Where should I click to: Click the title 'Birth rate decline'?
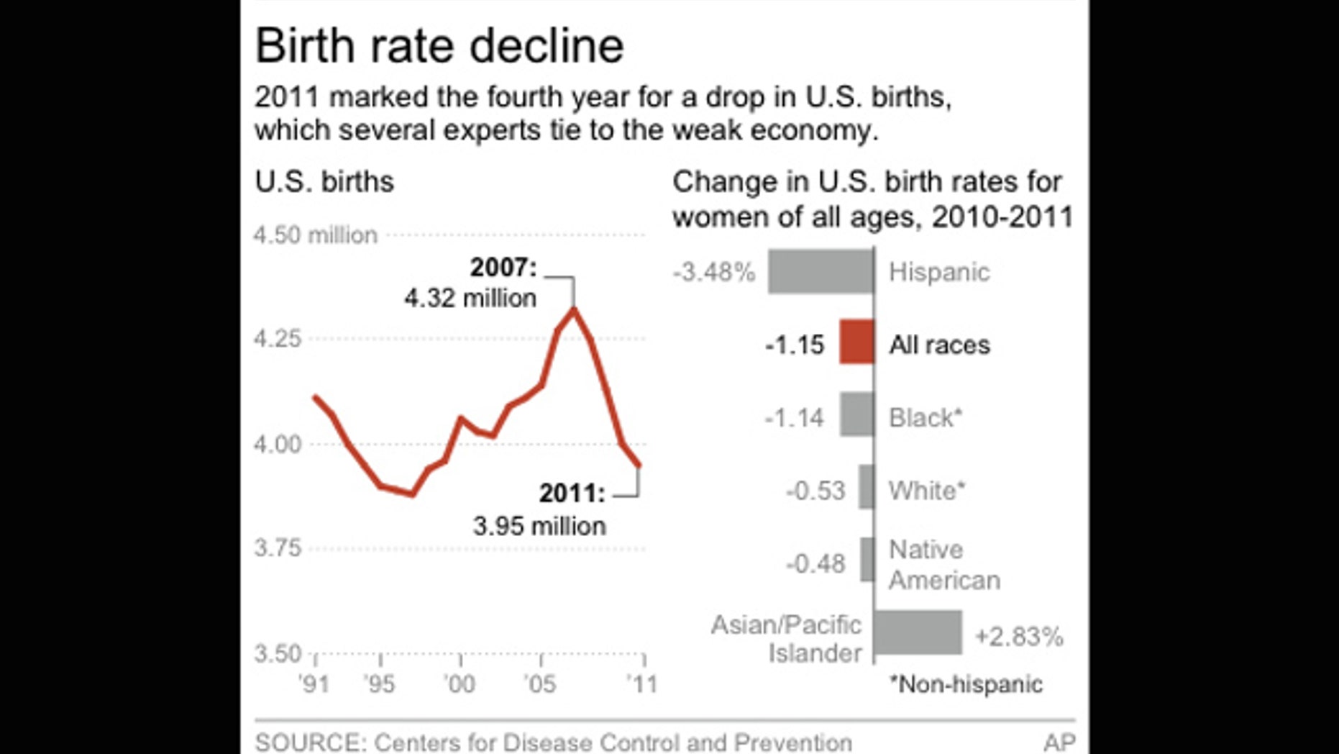(439, 46)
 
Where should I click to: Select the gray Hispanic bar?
(821, 271)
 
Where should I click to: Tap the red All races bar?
(856, 342)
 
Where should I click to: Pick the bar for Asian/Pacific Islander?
(918, 632)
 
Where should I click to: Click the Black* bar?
(856, 414)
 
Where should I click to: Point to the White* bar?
(867, 487)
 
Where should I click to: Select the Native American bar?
(867, 559)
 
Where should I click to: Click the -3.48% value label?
(714, 273)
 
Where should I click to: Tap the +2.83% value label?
(1018, 637)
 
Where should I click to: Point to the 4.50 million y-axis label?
(315, 235)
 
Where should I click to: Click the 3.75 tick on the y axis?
(278, 548)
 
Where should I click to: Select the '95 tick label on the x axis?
(379, 683)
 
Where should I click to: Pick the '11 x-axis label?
(642, 683)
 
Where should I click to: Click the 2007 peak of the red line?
(574, 309)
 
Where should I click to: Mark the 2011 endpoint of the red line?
(639, 466)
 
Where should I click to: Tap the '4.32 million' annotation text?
(470, 298)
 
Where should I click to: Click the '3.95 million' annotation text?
(539, 526)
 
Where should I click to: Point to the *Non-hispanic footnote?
(966, 684)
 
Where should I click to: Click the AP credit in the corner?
(1059, 742)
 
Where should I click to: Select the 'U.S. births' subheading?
(324, 182)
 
